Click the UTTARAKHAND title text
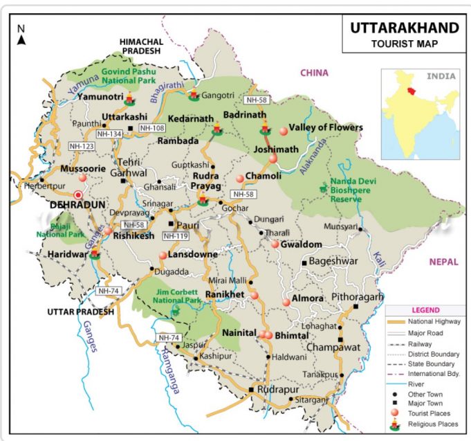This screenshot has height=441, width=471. click(404, 28)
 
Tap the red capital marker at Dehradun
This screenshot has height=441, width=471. click(79, 195)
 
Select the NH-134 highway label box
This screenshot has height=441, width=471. click(111, 134)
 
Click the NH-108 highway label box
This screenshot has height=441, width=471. click(151, 128)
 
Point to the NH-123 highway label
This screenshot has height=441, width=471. click(82, 146)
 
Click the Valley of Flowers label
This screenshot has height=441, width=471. click(326, 127)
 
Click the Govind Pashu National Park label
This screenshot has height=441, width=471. click(129, 75)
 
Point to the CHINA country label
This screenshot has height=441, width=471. click(314, 73)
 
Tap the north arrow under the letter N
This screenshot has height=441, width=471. click(21, 40)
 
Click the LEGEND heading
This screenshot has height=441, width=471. click(425, 310)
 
